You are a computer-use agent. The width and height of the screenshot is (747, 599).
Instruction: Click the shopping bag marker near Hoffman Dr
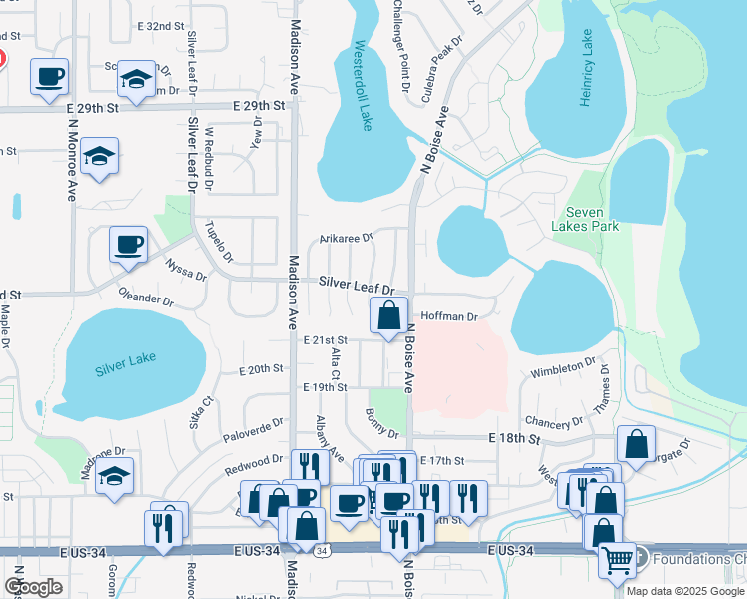(388, 315)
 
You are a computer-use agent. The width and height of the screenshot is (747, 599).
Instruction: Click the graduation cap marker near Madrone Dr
(116, 477)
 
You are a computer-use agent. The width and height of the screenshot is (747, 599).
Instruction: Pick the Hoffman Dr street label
(450, 316)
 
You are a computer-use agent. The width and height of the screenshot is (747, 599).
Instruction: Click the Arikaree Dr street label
(346, 238)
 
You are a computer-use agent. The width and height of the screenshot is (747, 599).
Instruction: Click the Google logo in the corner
(33, 586)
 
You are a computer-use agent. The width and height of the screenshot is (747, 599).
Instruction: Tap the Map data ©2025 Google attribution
(685, 590)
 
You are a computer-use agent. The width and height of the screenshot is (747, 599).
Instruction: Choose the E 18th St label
(514, 438)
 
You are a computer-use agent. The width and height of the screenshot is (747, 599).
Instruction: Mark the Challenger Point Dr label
(397, 46)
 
